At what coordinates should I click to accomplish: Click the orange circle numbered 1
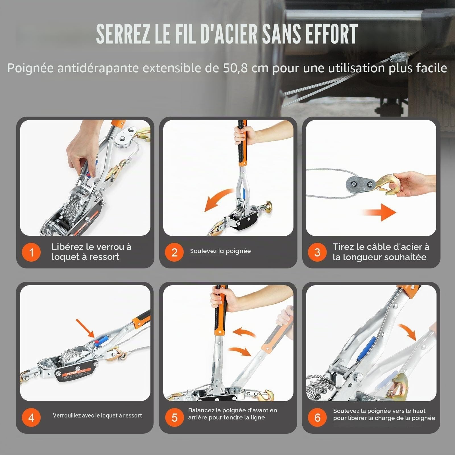pyautogui.click(x=31, y=252)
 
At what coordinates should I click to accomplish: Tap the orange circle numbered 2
pyautogui.click(x=174, y=252)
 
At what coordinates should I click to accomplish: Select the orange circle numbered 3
pyautogui.click(x=317, y=252)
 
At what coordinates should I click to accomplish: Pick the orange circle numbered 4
pyautogui.click(x=31, y=417)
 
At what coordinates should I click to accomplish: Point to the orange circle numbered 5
pyautogui.click(x=174, y=417)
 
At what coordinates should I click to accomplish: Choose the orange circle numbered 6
pyautogui.click(x=317, y=417)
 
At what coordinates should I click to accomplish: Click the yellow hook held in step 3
pyautogui.click(x=387, y=185)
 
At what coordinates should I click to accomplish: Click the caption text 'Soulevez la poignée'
pyautogui.click(x=220, y=251)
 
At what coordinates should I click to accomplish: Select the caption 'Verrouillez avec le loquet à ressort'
pyautogui.click(x=97, y=415)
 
